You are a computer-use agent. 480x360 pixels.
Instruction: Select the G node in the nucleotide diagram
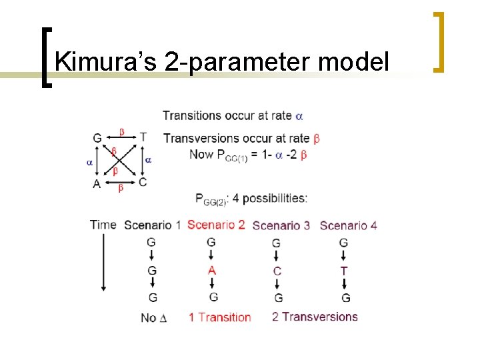click(97, 138)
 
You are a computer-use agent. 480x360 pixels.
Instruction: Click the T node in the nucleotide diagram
click(143, 137)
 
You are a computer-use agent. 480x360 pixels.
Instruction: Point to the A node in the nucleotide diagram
click(97, 183)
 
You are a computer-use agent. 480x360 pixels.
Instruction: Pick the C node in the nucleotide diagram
click(143, 181)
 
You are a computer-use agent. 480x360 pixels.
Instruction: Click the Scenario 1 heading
click(152, 225)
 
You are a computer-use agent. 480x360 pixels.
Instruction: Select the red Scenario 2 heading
click(216, 225)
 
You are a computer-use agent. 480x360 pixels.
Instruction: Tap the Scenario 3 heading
click(281, 225)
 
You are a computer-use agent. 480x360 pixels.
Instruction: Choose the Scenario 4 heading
click(348, 225)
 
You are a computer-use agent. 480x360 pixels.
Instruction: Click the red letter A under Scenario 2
click(212, 270)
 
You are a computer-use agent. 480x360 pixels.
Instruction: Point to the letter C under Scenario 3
click(277, 271)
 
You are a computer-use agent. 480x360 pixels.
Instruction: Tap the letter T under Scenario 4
click(344, 271)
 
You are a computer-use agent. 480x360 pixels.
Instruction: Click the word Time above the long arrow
click(103, 225)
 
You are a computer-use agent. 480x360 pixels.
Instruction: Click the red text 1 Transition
click(219, 317)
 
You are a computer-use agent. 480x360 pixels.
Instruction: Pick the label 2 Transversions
click(315, 317)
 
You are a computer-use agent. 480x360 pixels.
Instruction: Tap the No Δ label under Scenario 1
click(153, 317)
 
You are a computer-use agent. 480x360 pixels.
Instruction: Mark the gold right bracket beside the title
click(438, 41)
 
